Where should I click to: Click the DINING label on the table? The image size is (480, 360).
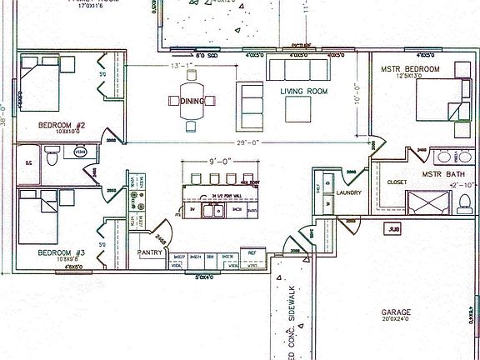tap(192, 101)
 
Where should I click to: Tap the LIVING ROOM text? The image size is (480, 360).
tap(306, 92)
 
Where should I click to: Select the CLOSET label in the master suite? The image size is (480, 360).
tap(397, 181)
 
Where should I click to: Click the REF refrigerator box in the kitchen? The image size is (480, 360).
tap(250, 250)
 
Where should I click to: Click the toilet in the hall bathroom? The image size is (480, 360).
tap(52, 154)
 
